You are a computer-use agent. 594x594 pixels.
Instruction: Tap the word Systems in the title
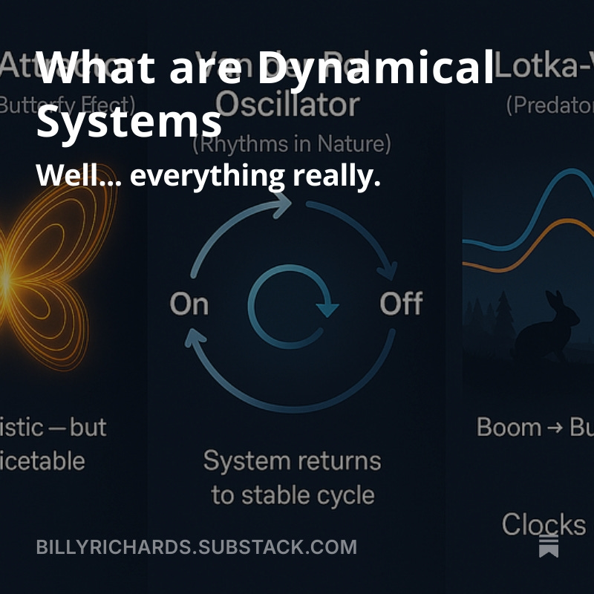[128, 121]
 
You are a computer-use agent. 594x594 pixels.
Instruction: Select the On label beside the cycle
[189, 304]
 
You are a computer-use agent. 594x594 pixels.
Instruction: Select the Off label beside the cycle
[401, 304]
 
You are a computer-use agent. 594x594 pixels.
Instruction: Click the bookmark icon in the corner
[549, 545]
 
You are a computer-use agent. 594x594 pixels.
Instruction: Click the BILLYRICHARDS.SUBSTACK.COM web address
[196, 547]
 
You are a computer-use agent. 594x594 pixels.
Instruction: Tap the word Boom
[509, 428]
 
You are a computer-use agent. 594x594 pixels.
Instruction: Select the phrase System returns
[292, 461]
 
